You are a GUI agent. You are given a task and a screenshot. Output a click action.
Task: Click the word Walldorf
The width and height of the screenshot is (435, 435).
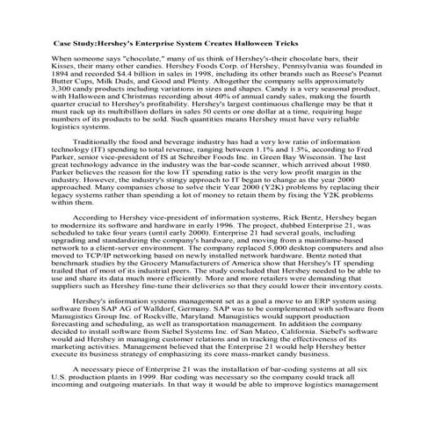[x=135, y=339]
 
